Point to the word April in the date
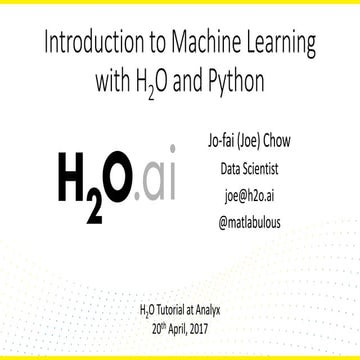[x=180, y=326]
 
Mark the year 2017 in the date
[x=211, y=326]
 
